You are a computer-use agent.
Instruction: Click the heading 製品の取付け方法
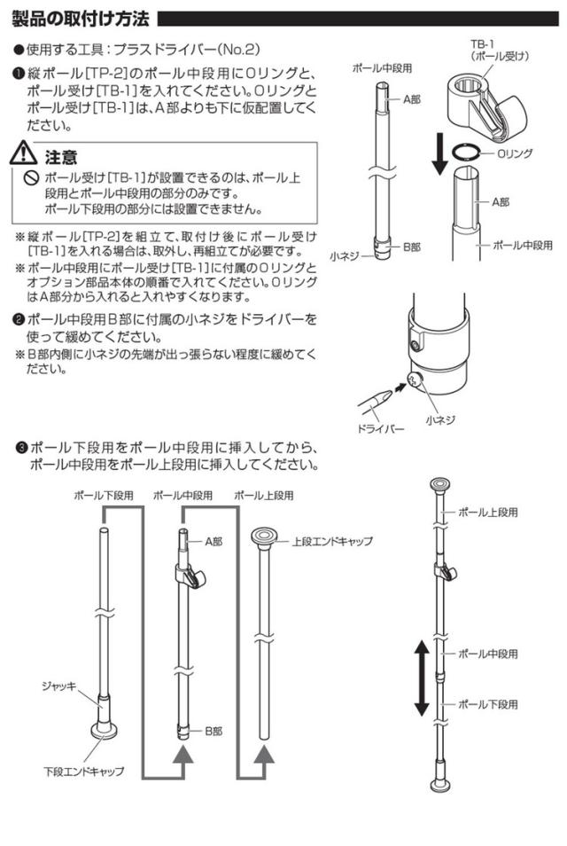pos(81,18)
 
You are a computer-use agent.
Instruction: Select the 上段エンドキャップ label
pos(332,540)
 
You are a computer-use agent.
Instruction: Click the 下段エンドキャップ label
pos(85,771)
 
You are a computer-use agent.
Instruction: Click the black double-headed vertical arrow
pos(422,679)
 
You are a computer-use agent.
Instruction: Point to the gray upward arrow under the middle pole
pos(183,756)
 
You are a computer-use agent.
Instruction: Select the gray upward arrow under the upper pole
pos(265,756)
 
